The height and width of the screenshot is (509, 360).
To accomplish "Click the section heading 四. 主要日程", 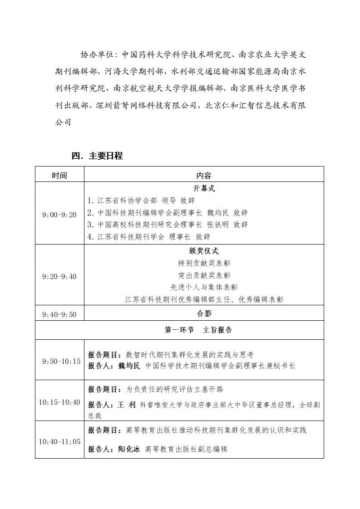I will [97, 156].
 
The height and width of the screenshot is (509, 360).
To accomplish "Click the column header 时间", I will [59, 176].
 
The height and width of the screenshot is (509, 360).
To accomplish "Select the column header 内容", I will [204, 176].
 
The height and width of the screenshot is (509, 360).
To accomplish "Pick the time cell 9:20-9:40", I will [59, 276].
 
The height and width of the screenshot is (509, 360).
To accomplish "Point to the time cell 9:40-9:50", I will [59, 314].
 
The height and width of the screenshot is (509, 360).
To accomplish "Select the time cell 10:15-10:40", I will [59, 402].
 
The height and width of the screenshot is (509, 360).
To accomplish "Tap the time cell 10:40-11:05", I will [59, 441].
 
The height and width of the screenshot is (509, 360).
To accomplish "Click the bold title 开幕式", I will [204, 189].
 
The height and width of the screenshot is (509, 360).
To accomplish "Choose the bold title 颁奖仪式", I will [204, 251].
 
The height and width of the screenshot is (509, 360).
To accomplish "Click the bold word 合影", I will [204, 313].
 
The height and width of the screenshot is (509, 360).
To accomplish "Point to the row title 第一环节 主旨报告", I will [198, 330].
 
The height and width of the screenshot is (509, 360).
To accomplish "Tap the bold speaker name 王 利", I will [127, 405].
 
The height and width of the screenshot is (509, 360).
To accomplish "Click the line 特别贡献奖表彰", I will [204, 263].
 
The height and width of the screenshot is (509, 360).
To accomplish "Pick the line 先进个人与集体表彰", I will [204, 287].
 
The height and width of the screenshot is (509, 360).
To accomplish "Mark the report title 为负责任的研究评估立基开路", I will [174, 389].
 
